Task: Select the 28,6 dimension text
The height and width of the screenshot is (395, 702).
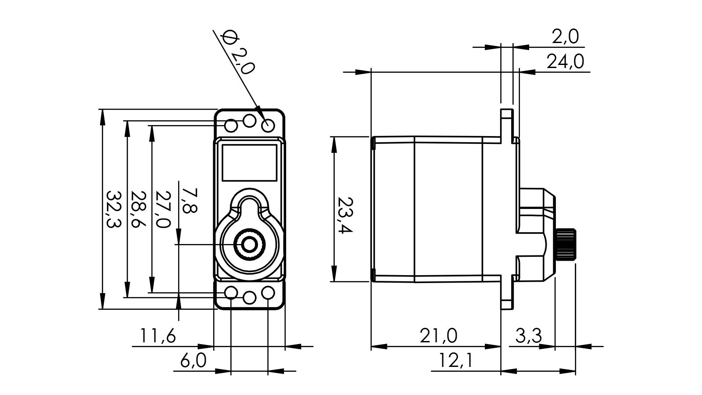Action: coord(138,208)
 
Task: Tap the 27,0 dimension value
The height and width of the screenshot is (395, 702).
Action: coord(163,209)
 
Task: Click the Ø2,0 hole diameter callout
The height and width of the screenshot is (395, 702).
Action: coord(238,52)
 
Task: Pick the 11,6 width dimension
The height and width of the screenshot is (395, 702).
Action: coord(158,337)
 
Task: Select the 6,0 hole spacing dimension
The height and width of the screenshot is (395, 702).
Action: coord(193,361)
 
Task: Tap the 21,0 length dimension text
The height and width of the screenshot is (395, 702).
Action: coord(438,336)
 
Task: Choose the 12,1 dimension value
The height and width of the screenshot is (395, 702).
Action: coord(456,361)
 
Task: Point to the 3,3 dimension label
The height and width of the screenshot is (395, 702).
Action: coord(528,336)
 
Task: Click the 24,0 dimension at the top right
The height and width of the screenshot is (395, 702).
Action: coord(565,62)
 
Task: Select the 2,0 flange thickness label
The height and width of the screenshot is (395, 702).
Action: coord(566,37)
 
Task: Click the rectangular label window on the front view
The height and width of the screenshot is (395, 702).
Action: coord(249,162)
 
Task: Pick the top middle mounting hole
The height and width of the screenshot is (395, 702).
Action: coord(249,121)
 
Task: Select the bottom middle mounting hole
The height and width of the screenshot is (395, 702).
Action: coord(249,298)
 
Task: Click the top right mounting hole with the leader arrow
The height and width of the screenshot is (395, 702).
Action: coord(268,126)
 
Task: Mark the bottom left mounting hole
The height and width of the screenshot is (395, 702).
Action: coord(231,293)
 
